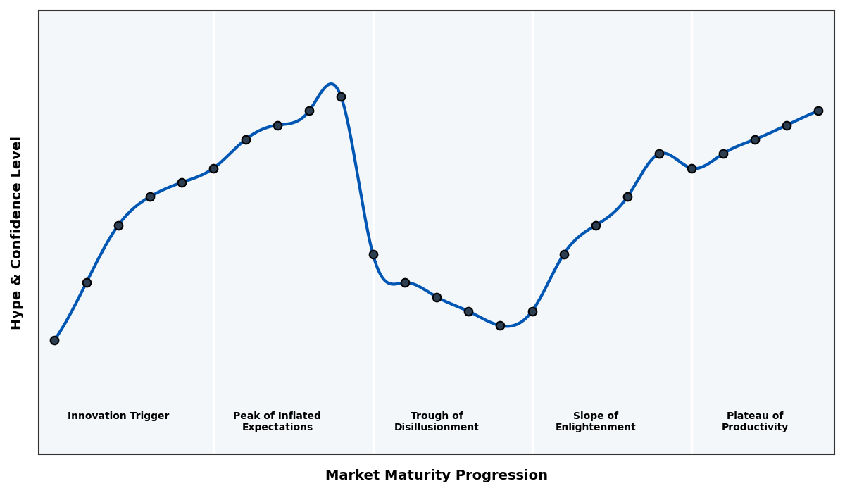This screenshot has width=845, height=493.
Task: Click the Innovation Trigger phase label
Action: pyautogui.click(x=118, y=416)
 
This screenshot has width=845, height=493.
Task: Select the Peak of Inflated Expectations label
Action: pyautogui.click(x=277, y=421)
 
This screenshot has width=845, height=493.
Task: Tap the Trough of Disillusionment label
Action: pyautogui.click(x=437, y=421)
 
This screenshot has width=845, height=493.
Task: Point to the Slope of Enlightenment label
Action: pyautogui.click(x=595, y=421)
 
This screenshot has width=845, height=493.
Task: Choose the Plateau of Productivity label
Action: pyautogui.click(x=755, y=421)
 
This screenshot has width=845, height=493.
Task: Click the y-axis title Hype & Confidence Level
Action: pyautogui.click(x=17, y=232)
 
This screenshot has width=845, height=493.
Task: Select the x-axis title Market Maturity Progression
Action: pyautogui.click(x=437, y=475)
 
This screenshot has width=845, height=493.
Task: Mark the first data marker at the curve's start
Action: pyautogui.click(x=54, y=340)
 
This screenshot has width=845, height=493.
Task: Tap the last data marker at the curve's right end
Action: pyautogui.click(x=818, y=111)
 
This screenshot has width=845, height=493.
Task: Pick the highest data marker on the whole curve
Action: pyautogui.click(x=341, y=96)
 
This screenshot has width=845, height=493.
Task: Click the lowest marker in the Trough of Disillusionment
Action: pyautogui.click(x=500, y=325)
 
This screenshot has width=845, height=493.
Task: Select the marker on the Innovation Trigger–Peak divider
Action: pyautogui.click(x=213, y=168)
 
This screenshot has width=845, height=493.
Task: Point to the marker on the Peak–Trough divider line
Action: pyautogui.click(x=373, y=254)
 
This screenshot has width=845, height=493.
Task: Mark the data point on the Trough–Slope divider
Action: pyautogui.click(x=532, y=311)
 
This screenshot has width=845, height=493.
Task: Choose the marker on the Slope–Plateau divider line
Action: pyautogui.click(x=691, y=168)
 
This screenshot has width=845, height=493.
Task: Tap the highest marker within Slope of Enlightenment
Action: pyautogui.click(x=659, y=154)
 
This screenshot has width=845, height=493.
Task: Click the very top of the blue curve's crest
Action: pyautogui.click(x=330, y=84)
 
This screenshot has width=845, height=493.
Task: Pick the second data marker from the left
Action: pyautogui.click(x=87, y=282)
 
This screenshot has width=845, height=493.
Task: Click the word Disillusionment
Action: pyautogui.click(x=437, y=428)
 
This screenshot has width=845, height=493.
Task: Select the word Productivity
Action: pyautogui.click(x=755, y=428)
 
